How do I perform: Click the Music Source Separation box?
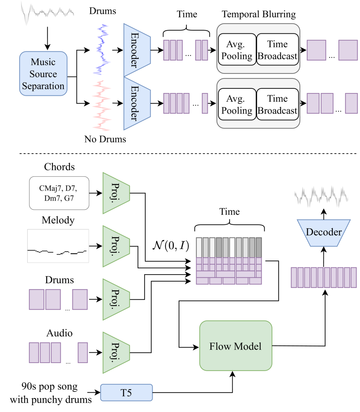43,74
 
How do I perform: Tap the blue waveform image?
102,50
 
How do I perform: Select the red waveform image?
102,106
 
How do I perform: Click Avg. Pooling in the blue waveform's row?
237,50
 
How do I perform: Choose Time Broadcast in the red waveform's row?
277,104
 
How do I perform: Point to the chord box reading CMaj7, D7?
59,193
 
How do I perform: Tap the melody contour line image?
58,246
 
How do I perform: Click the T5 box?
126,393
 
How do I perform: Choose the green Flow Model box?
236,346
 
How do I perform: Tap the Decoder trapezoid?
324,233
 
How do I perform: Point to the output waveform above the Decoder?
322,197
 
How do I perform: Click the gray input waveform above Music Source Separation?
47,13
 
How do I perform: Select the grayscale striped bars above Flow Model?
229,247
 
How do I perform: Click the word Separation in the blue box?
43,86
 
